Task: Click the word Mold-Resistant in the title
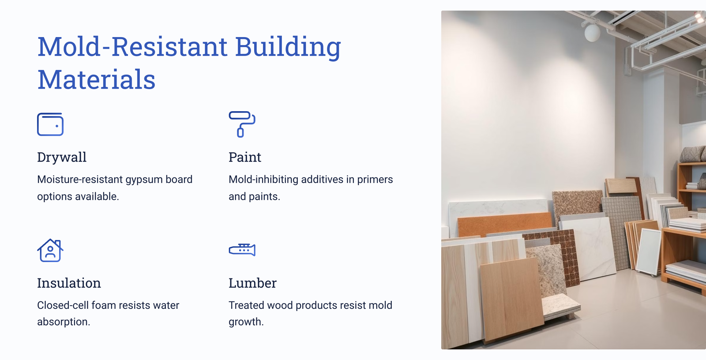pyautogui.click(x=132, y=47)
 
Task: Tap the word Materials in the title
pyautogui.click(x=97, y=79)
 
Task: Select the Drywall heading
pyautogui.click(x=62, y=157)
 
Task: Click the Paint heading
pyautogui.click(x=245, y=157)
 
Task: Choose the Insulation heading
pyautogui.click(x=69, y=283)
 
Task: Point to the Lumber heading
pyautogui.click(x=252, y=283)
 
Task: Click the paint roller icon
pyautogui.click(x=242, y=124)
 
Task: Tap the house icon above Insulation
pyautogui.click(x=50, y=250)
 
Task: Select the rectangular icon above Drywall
pyautogui.click(x=50, y=124)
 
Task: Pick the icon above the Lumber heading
pyautogui.click(x=242, y=250)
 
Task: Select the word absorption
pyautogui.click(x=64, y=322)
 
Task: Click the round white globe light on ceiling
pyautogui.click(x=592, y=33)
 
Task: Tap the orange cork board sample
pyautogui.click(x=505, y=224)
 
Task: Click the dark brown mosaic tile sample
pyautogui.click(x=558, y=255)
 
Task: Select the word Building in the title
pyautogui.click(x=288, y=47)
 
